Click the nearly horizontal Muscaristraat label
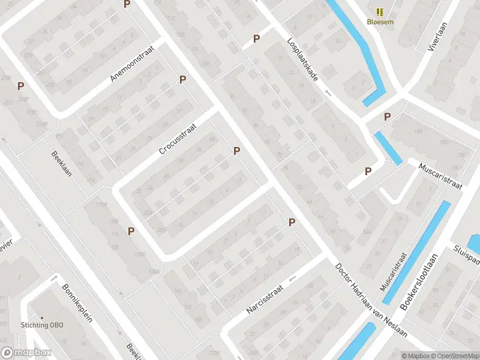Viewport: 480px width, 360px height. click(441, 176)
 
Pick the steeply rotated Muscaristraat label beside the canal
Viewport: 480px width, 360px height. click(394, 271)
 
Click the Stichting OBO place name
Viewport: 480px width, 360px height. click(42, 326)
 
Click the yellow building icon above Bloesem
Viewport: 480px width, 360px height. click(379, 11)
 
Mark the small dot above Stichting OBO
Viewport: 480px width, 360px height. click(42, 317)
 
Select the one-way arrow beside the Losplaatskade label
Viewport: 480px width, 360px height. click(328, 92)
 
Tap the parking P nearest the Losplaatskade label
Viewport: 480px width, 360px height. click(257, 39)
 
